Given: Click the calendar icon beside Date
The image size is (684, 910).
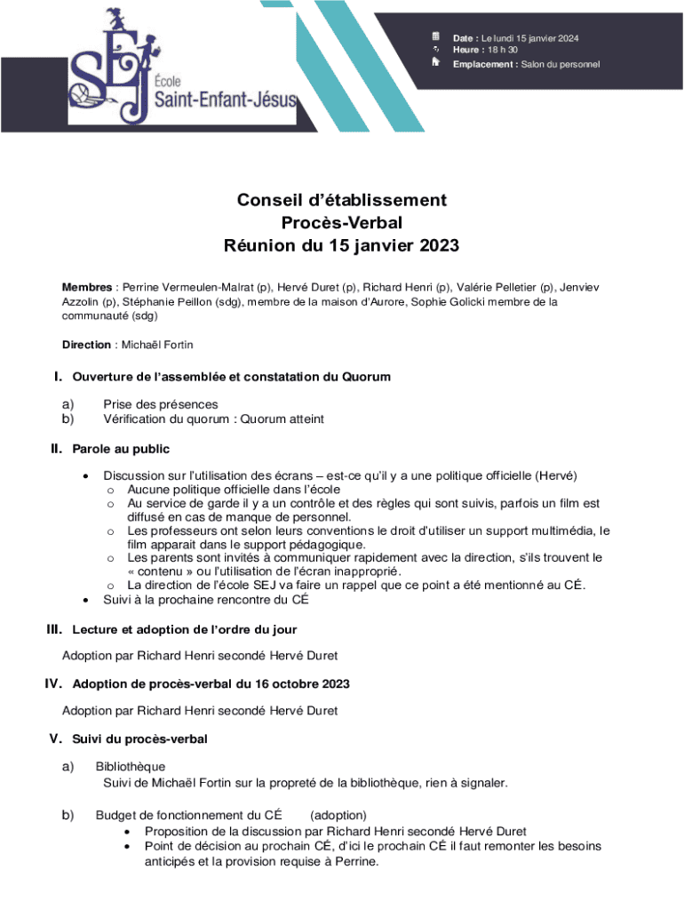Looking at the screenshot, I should coord(435,36).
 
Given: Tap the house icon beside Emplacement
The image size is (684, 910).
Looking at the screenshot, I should coord(435,63).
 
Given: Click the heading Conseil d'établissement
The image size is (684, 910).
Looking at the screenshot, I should coord(342,201).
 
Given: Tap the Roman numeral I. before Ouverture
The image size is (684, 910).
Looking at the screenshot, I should coord(60,377).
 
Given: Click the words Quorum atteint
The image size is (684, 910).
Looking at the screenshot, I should coord(282,419).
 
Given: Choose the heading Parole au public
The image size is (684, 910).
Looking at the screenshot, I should coord(121,449).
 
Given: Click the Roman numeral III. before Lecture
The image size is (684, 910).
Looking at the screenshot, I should coord(54,629).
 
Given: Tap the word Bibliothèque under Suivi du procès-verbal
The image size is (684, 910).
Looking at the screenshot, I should coord(131,767).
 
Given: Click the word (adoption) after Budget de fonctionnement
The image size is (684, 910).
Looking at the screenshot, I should coord(338,815).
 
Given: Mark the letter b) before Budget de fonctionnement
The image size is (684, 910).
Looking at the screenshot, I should coord(68,815).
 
